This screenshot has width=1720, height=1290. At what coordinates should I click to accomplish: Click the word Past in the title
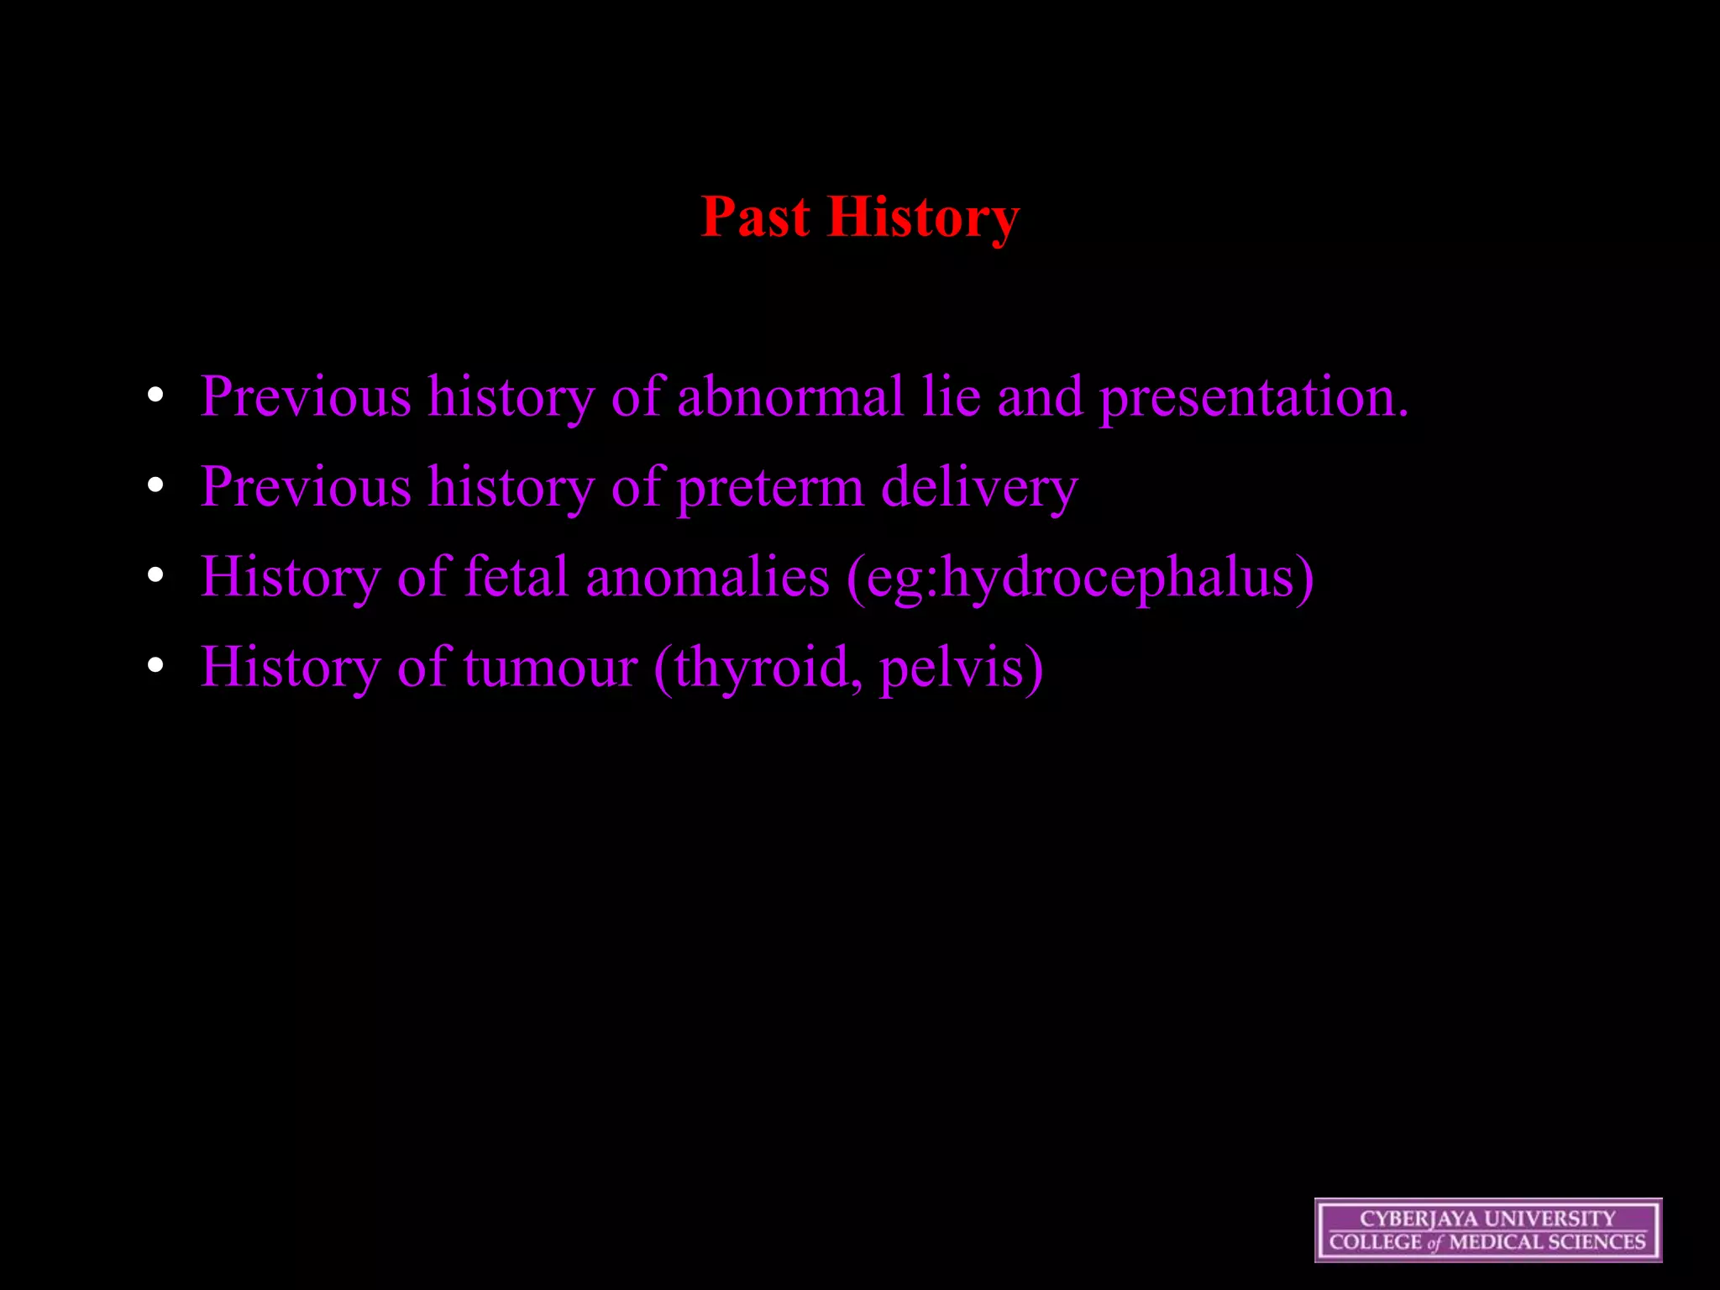click(755, 217)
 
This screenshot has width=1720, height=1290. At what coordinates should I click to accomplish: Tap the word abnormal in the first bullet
click(789, 396)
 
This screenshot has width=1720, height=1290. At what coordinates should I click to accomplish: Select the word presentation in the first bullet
click(1253, 396)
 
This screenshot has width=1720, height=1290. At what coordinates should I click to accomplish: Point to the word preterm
click(769, 487)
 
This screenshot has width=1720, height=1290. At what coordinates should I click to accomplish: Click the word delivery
click(979, 487)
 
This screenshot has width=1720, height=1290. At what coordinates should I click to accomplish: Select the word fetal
click(516, 577)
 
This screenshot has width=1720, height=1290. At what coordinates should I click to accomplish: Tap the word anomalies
click(707, 577)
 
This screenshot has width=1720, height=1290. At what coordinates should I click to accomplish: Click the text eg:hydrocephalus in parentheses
click(1080, 577)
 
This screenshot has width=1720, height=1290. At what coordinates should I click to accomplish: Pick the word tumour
click(550, 667)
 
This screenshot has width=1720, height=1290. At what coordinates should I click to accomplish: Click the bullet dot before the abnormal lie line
click(155, 396)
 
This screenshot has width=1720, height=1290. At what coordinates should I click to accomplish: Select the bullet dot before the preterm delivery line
click(155, 485)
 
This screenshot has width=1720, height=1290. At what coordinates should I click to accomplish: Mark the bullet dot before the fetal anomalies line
click(155, 575)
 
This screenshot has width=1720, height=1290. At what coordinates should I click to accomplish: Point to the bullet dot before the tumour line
click(155, 665)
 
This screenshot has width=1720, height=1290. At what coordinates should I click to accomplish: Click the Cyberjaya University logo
click(1487, 1230)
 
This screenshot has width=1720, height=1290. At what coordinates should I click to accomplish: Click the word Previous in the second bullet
click(306, 487)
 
